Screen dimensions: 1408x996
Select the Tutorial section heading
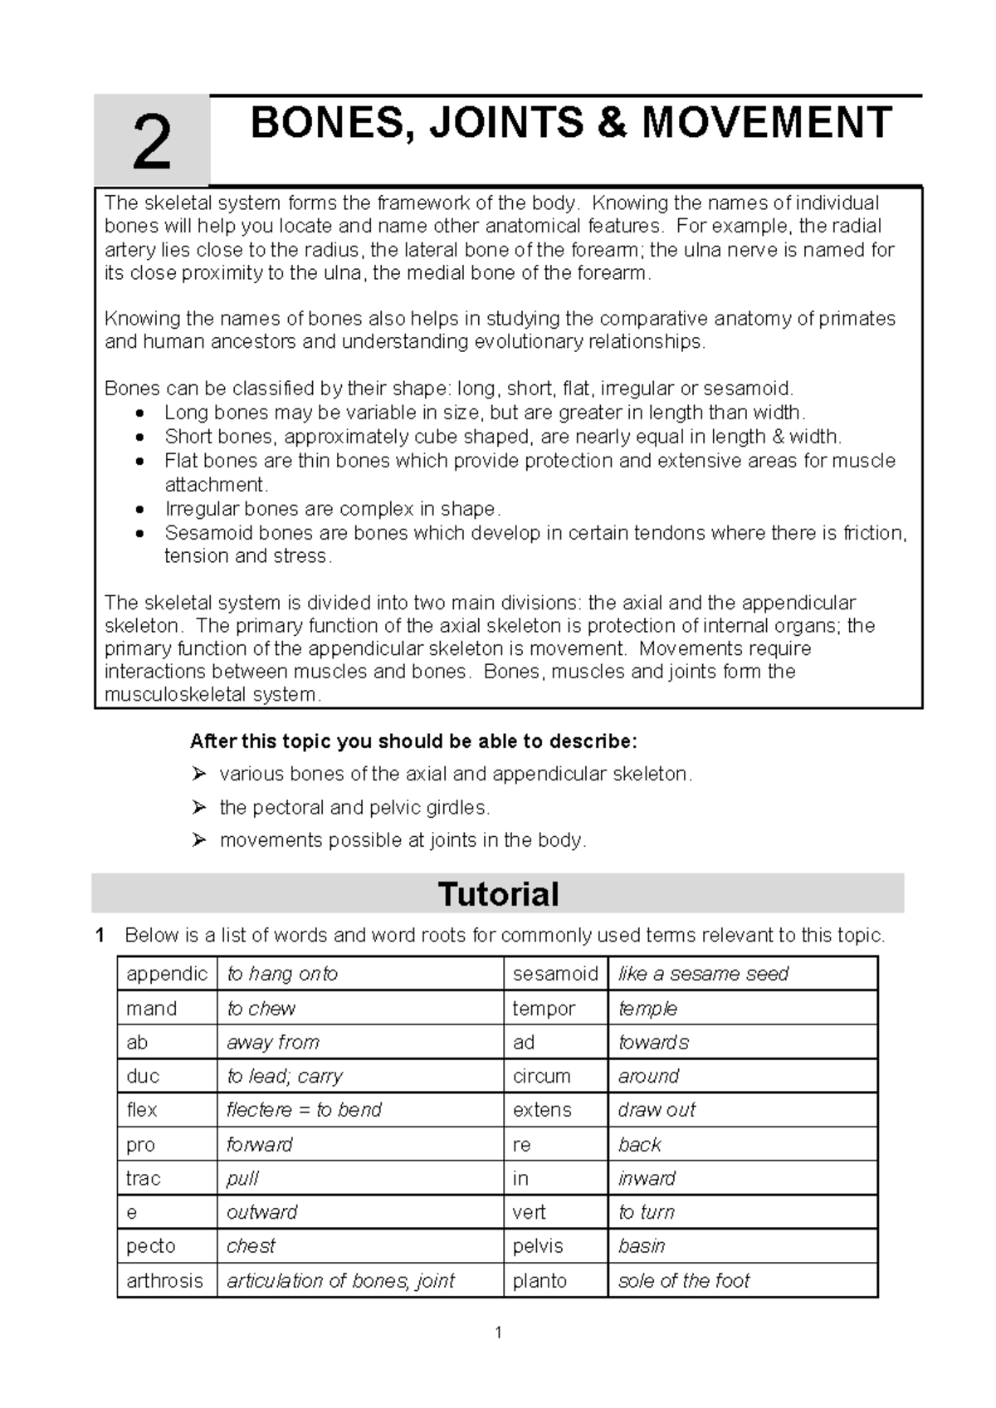click(x=498, y=894)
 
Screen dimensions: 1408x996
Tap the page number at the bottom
click(x=498, y=1333)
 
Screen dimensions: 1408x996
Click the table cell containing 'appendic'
click(x=167, y=974)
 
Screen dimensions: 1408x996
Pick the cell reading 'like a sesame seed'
click(x=703, y=974)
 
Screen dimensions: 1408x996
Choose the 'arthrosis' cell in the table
click(x=164, y=1280)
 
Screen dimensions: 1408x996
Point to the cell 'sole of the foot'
click(x=684, y=1280)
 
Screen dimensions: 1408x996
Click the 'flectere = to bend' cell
click(x=304, y=1110)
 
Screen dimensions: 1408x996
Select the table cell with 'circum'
click(x=541, y=1076)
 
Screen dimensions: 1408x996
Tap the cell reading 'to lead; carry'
click(x=285, y=1076)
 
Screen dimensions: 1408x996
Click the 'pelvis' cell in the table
click(x=538, y=1246)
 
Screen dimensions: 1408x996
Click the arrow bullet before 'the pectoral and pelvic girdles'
click(x=198, y=807)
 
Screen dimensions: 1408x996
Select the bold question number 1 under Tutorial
click(x=100, y=936)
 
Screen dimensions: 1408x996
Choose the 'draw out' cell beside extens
click(x=657, y=1110)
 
